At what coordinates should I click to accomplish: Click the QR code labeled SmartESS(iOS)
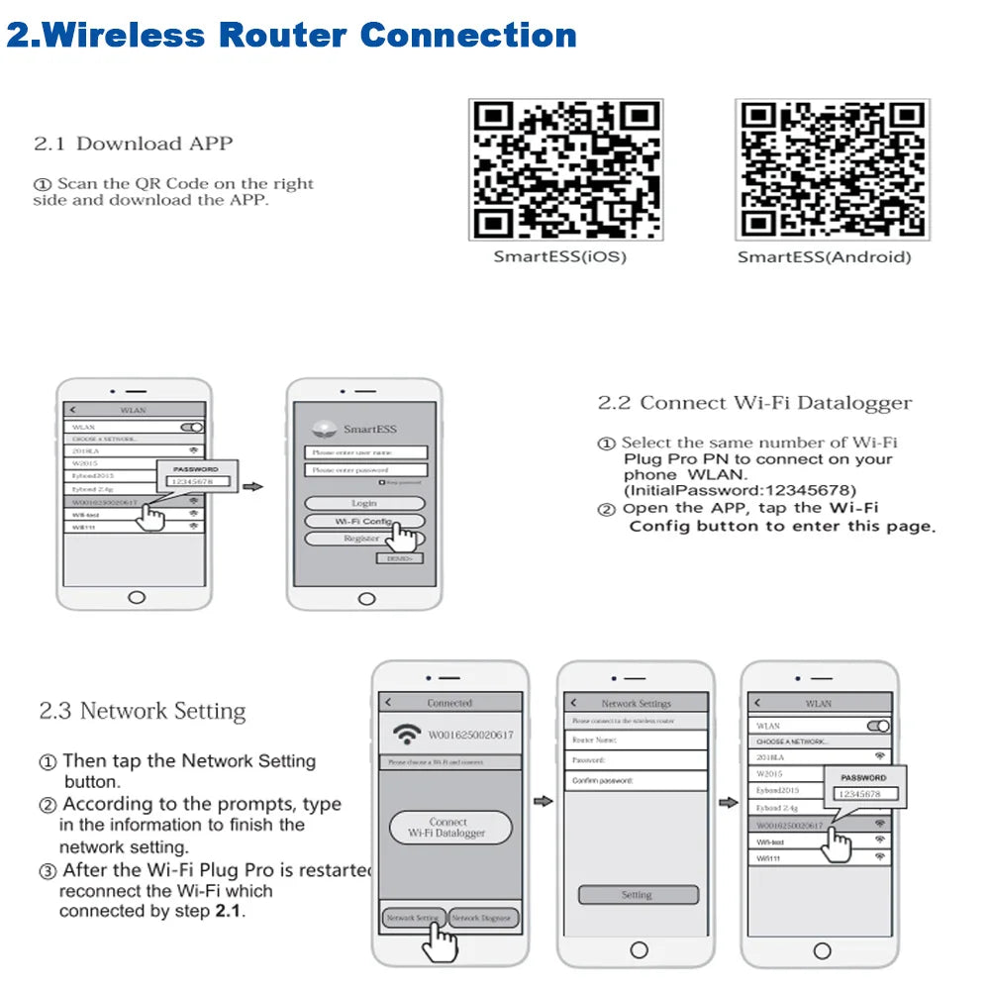(565, 169)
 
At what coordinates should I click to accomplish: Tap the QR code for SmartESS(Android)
(832, 169)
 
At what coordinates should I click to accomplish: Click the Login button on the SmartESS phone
(364, 503)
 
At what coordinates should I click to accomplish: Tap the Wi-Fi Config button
(364, 521)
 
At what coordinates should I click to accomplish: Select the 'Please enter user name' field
(365, 452)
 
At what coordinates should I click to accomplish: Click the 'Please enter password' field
(365, 470)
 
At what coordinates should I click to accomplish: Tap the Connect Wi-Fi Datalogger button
(448, 828)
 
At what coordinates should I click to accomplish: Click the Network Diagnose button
(483, 918)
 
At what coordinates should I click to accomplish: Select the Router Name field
(636, 740)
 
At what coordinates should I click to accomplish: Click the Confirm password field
(636, 781)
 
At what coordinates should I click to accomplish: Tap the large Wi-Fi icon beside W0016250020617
(406, 735)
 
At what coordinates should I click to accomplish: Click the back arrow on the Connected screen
(388, 703)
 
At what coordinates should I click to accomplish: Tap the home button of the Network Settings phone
(637, 951)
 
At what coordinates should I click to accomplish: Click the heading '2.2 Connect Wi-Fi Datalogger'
(754, 403)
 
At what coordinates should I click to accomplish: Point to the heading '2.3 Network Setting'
(142, 711)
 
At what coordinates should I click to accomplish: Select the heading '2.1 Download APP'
(134, 144)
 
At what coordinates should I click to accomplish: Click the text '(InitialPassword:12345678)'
(740, 490)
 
